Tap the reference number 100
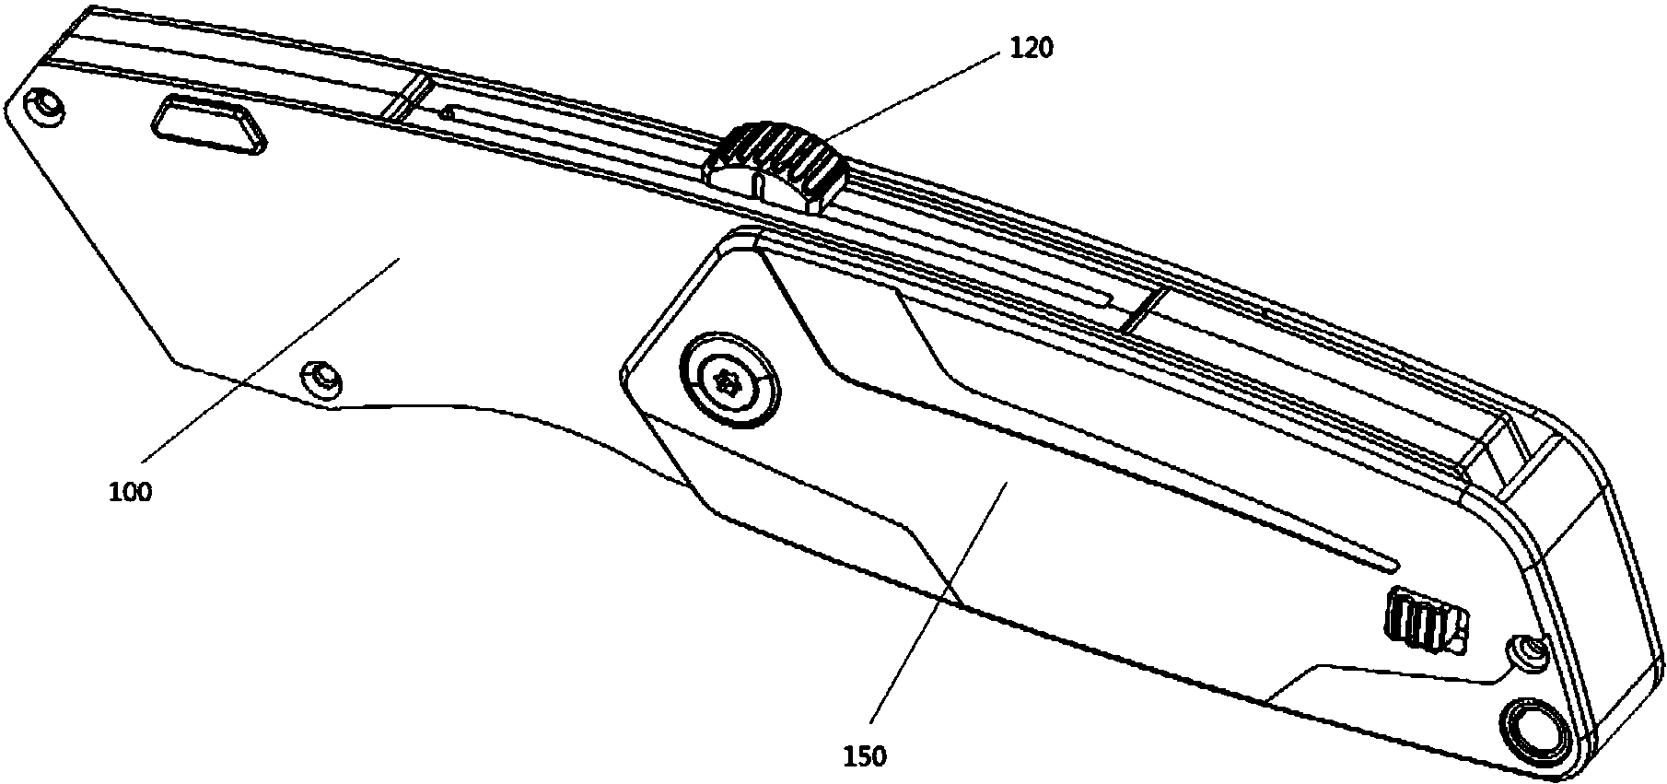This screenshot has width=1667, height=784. [130, 491]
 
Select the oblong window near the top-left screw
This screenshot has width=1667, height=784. [210, 122]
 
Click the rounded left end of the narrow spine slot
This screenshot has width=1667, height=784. [448, 112]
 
